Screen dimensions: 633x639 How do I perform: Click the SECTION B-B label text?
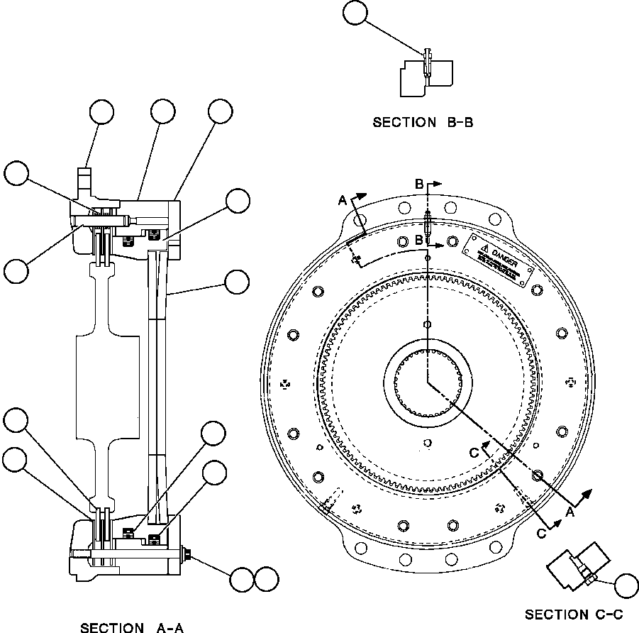(x=423, y=123)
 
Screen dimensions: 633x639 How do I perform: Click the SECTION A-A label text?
(x=132, y=627)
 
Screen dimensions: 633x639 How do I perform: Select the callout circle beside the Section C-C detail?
(x=627, y=586)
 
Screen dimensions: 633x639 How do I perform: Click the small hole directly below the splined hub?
(x=427, y=443)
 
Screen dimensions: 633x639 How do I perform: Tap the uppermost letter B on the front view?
(x=419, y=184)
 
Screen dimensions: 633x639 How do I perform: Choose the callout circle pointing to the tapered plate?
(x=236, y=282)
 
